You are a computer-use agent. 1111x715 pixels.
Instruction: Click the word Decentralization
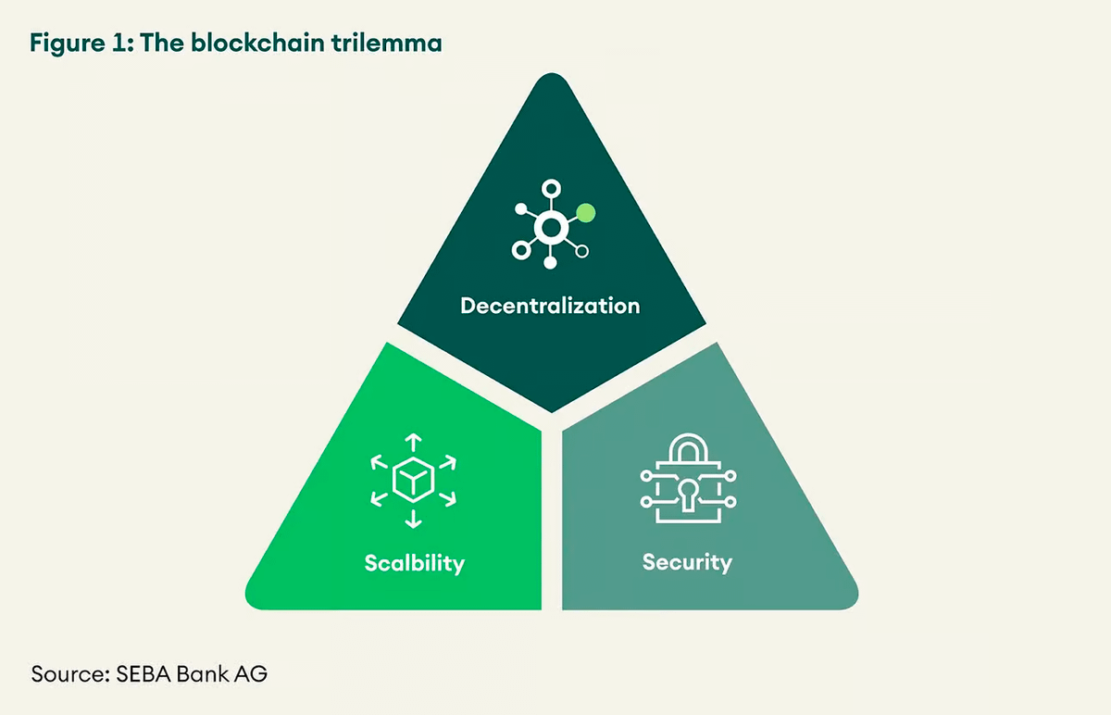550,306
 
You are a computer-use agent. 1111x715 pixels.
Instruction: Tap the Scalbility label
414,563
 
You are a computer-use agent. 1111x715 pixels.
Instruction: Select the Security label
687,562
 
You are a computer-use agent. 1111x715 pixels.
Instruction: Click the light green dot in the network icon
585,213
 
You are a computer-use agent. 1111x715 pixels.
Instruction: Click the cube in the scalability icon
413,480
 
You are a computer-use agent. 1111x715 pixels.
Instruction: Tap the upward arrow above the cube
413,439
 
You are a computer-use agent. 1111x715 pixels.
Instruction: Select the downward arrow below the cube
413,521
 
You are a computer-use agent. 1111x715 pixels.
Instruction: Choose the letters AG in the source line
251,673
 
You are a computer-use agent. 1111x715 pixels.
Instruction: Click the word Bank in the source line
204,673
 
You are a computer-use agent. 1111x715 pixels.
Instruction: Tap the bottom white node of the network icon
550,263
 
